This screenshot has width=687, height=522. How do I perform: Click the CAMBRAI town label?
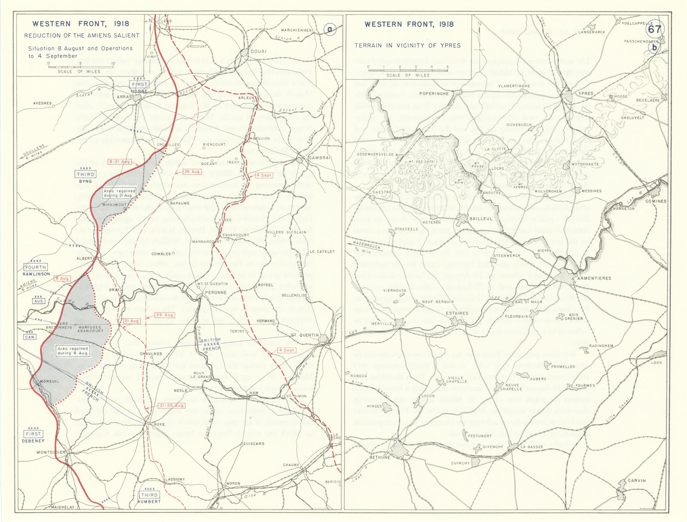tap(320, 158)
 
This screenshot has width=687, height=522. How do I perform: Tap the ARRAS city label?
tap(124, 97)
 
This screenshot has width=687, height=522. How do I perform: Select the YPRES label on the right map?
tap(586, 93)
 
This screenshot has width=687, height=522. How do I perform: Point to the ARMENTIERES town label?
tap(594, 278)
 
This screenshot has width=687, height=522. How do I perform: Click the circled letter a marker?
tap(329, 30)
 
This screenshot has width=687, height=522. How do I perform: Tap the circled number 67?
tap(654, 29)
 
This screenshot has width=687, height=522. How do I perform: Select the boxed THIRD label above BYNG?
tap(85, 175)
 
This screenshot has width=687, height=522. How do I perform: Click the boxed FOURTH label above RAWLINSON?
tap(35, 267)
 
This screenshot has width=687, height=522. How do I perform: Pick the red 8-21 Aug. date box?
tap(120, 162)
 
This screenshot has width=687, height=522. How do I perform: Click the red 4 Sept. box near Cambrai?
tap(264, 175)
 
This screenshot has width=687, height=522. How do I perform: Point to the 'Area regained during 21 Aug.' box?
tap(119, 193)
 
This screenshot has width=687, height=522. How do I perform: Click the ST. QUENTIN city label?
tap(305, 335)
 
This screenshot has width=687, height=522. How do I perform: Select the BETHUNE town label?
tap(380, 458)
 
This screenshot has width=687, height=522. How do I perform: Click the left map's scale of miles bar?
tap(81, 67)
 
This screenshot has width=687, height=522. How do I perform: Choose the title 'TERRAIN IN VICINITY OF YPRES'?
tap(407, 46)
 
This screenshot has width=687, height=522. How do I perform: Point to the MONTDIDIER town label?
tap(51, 452)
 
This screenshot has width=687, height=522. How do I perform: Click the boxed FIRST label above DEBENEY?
tap(33, 434)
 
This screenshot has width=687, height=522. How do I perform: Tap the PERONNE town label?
tap(216, 292)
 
